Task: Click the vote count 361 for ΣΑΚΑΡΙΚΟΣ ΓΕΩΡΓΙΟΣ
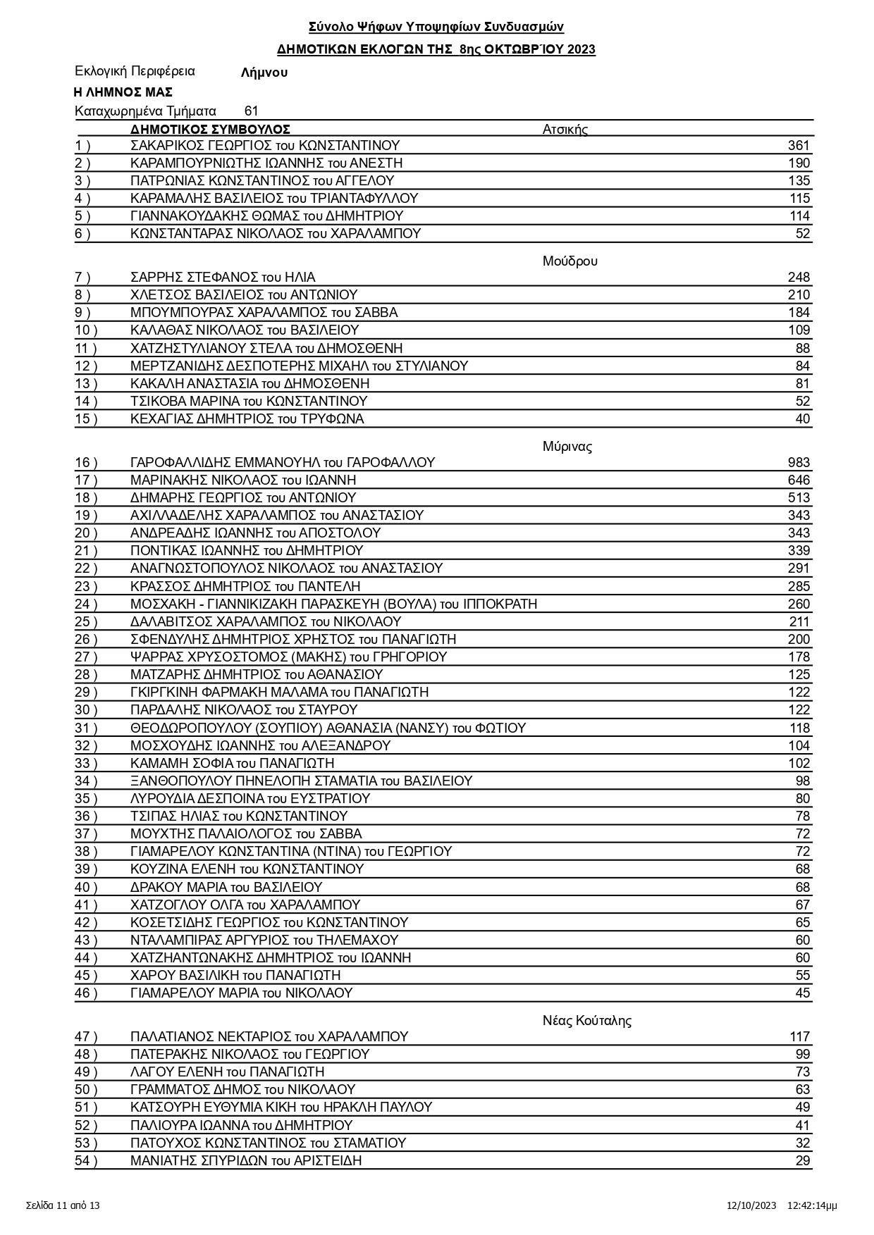799,146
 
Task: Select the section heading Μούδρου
570,261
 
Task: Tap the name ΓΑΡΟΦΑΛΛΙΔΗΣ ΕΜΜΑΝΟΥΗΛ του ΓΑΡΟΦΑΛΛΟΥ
283,463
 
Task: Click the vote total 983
799,463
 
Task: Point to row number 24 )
85,604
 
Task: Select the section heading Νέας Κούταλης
586,1021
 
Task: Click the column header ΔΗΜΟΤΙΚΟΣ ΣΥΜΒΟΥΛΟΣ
210,130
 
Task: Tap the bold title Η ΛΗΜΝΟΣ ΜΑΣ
123,92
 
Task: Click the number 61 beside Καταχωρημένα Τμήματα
251,111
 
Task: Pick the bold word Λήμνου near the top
264,73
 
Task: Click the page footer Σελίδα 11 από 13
63,1205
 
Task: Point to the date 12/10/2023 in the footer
751,1205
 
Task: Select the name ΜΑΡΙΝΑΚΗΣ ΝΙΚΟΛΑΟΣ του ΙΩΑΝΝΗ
243,480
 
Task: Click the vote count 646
799,480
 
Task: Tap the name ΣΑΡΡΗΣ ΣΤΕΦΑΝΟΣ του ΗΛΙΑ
223,278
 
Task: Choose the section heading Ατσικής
565,130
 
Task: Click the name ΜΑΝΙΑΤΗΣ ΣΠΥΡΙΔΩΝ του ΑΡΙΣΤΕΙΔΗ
246,1161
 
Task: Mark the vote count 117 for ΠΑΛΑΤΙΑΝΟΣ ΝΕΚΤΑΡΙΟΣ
799,1037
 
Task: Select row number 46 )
85,993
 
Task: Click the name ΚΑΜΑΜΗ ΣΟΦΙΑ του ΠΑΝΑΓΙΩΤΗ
232,764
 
